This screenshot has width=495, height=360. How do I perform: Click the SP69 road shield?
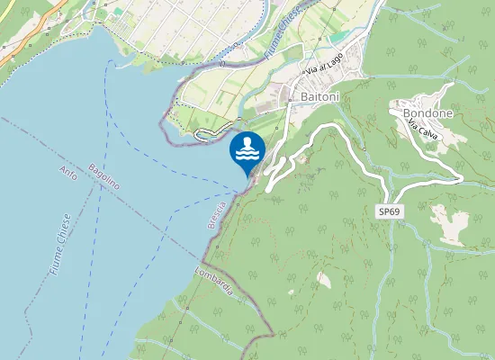coord(389,210)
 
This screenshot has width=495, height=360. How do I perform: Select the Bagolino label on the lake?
coord(104,175)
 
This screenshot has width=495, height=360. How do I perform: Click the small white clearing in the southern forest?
coord(323,281)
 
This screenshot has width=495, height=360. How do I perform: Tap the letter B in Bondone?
coord(407,113)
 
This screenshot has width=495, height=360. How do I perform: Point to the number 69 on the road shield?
coord(393,210)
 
